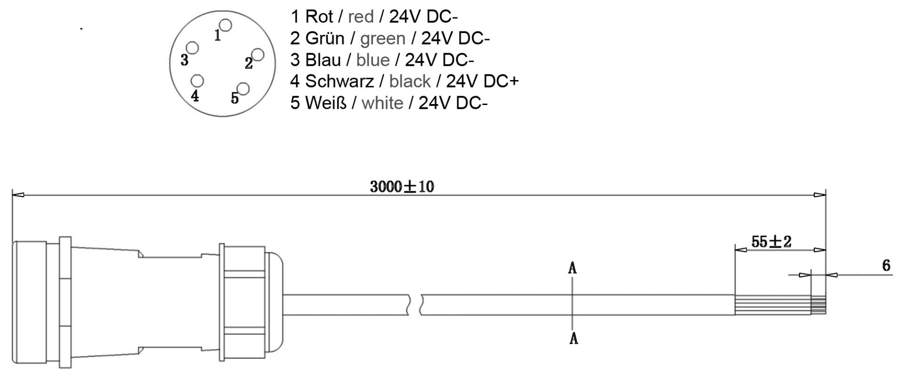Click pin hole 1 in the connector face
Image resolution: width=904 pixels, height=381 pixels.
(226, 25)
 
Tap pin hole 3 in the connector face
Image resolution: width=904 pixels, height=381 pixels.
(192, 48)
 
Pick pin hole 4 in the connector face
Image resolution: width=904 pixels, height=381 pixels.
(197, 81)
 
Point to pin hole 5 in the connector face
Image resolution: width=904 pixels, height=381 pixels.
(243, 89)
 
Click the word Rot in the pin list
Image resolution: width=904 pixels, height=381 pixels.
(319, 17)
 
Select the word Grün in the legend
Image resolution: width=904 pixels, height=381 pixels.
(325, 39)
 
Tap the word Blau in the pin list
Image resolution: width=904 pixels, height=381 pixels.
(323, 60)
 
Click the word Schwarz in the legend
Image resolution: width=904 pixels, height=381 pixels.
(339, 81)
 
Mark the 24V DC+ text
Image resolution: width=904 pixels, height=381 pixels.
(482, 81)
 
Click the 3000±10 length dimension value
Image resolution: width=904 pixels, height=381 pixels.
(402, 187)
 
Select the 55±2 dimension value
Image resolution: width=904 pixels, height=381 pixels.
(771, 242)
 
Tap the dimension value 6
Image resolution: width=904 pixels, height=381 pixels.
(886, 266)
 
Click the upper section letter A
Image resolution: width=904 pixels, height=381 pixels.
(573, 268)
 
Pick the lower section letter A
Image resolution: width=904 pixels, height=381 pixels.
(573, 338)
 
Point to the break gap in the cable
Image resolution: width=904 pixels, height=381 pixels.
(414, 305)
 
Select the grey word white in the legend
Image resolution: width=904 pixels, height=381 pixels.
(382, 103)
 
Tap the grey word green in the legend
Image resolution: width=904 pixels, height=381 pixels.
(383, 39)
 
